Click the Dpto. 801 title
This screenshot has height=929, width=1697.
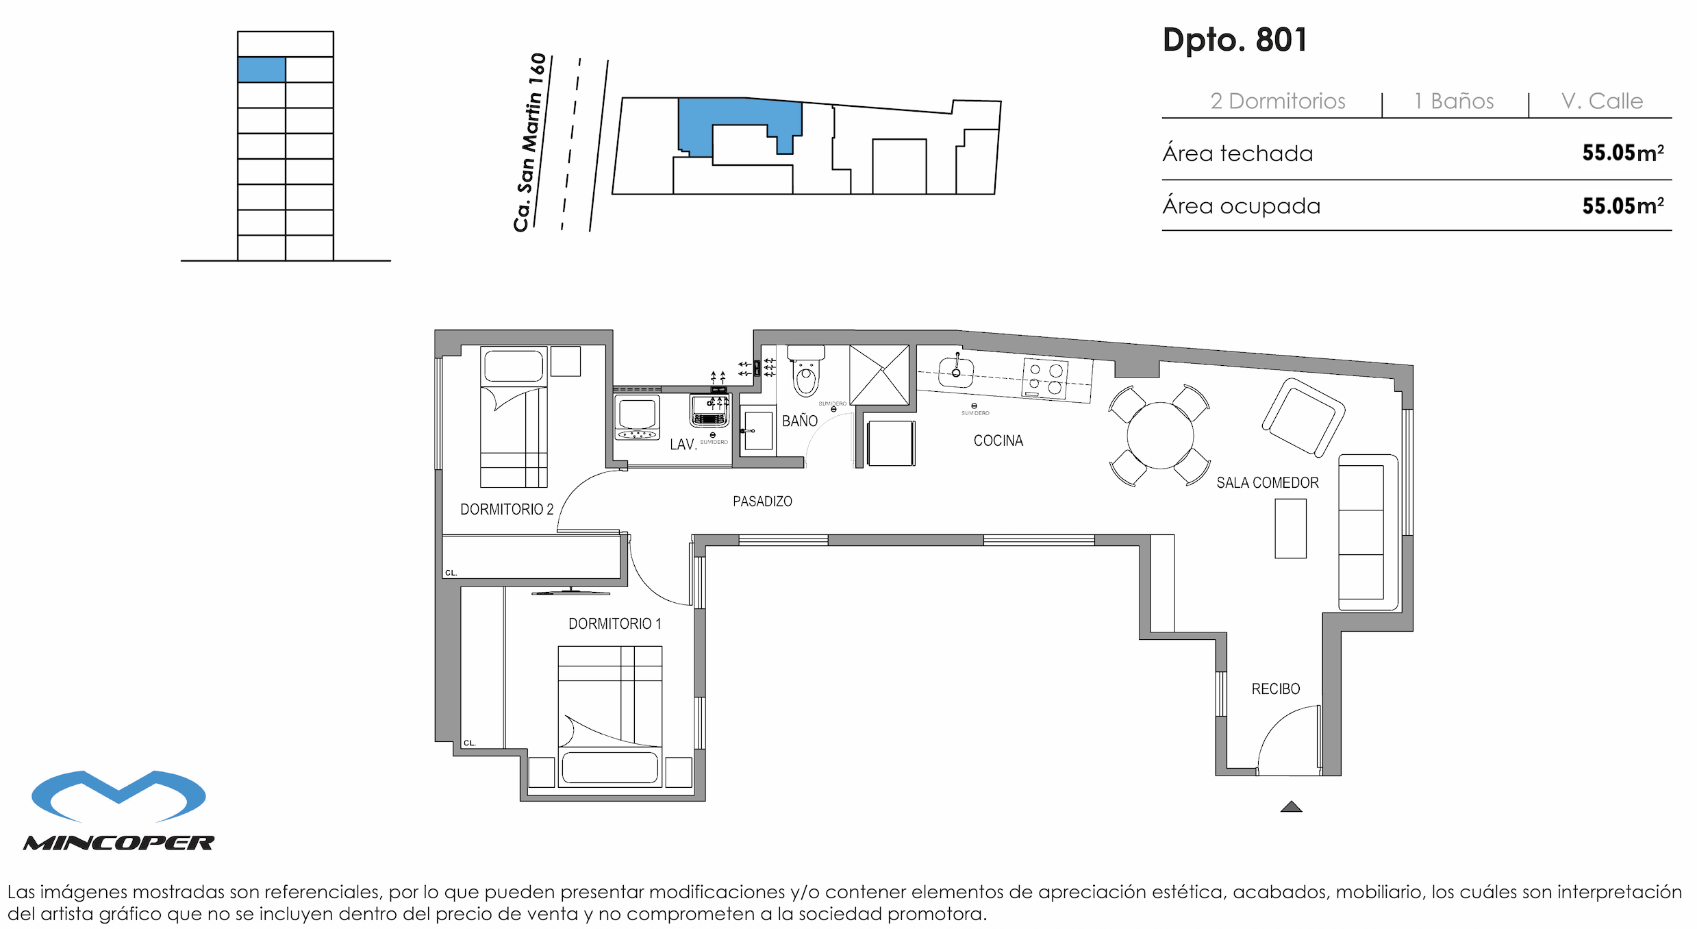[1235, 40]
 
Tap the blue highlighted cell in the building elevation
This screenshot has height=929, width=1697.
[261, 70]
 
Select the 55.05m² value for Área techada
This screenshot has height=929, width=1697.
[1622, 153]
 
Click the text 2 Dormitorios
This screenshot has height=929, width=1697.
[1277, 101]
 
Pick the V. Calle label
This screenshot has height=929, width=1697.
[1601, 101]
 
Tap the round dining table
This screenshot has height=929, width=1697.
[1159, 436]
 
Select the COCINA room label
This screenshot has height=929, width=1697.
[998, 441]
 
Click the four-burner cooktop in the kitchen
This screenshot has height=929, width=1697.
[1044, 378]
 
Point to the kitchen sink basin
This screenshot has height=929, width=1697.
[956, 373]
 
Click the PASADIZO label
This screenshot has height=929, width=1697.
[762, 501]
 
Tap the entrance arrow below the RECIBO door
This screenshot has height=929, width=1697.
[1291, 807]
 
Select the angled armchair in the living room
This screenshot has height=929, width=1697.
[1303, 417]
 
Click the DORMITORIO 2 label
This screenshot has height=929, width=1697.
[506, 510]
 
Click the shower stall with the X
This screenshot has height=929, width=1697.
[879, 375]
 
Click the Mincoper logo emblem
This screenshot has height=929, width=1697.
[118, 796]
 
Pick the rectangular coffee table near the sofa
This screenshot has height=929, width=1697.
[1290, 528]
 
